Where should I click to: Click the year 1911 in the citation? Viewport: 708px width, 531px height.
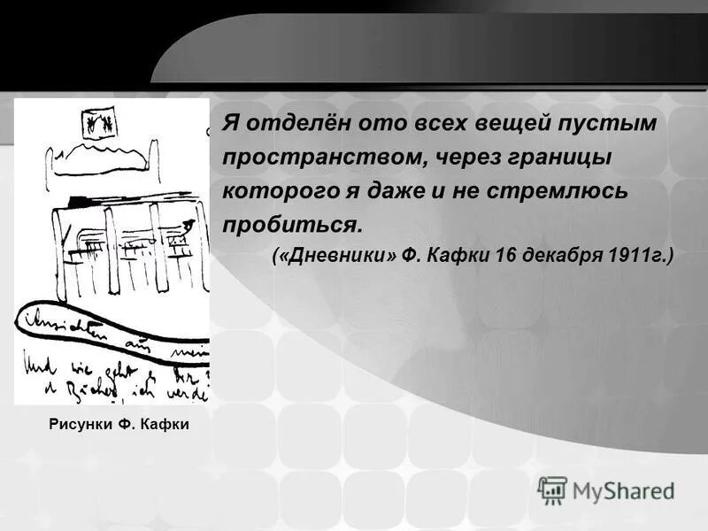click(x=636, y=257)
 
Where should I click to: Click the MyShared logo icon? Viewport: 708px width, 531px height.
click(x=552, y=489)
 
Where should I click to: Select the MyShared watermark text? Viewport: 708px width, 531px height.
click(x=623, y=490)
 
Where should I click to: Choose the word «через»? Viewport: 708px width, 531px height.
click(x=451, y=157)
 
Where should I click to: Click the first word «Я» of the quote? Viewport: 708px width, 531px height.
click(x=229, y=123)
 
